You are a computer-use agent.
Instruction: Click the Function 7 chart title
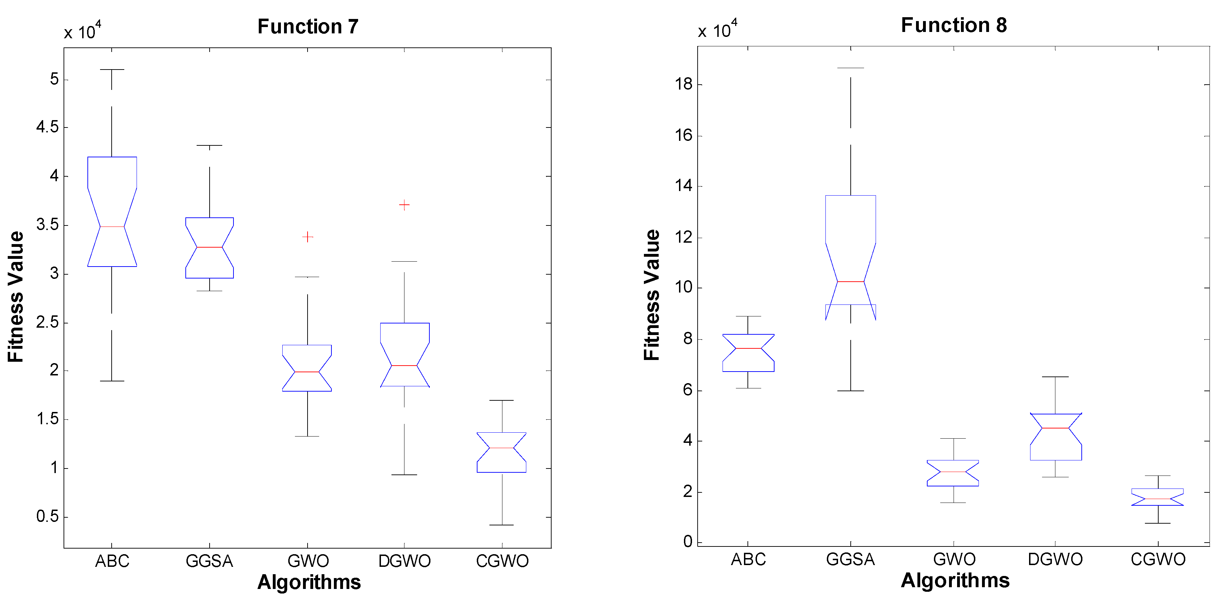(308, 26)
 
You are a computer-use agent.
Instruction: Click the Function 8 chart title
(954, 25)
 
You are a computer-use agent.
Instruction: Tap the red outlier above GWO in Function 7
(308, 237)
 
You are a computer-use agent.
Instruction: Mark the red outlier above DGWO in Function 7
(404, 205)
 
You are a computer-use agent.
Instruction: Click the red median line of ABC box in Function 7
(112, 227)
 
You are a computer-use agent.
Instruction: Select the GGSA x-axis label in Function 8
(850, 559)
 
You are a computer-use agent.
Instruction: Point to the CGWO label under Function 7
(502, 561)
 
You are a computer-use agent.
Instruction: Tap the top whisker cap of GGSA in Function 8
(850, 68)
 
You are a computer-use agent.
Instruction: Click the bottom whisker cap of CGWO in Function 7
(502, 525)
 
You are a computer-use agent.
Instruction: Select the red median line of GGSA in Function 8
(850, 282)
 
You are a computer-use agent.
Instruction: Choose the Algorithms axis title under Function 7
(309, 582)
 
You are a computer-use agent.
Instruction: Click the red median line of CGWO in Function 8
(1158, 499)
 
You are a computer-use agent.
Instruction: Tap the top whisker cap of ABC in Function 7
(112, 70)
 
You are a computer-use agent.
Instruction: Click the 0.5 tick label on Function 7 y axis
(47, 516)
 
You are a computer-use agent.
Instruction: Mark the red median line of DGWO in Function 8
(1055, 428)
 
